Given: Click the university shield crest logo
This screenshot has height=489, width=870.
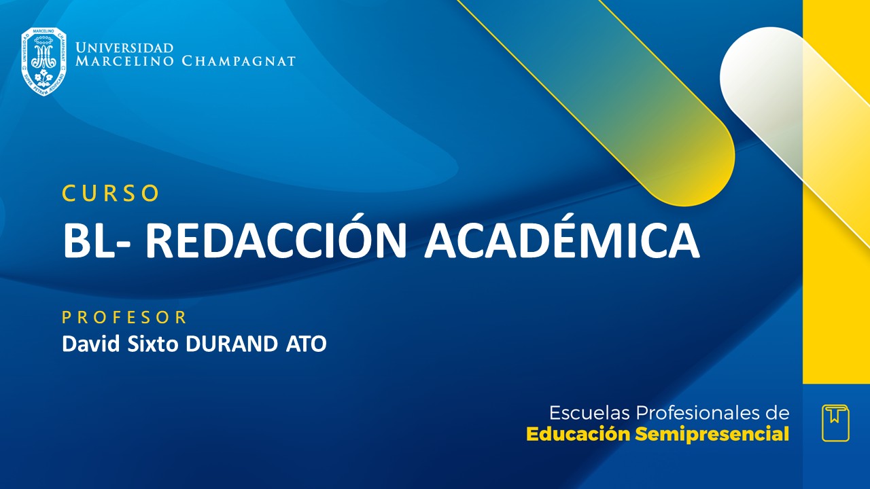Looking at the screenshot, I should click(43, 61).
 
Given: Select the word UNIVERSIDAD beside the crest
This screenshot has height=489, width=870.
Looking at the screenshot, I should click(124, 48).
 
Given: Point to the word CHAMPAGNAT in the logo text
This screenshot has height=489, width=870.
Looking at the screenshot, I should click(239, 62).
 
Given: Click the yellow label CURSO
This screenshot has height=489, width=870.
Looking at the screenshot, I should click(111, 194).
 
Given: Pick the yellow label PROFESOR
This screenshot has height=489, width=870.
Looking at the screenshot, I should click(124, 317).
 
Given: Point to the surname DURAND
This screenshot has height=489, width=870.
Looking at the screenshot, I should click(229, 344).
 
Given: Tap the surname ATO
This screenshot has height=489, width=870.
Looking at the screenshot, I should click(303, 344).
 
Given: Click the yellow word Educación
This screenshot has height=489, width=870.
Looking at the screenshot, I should click(578, 434).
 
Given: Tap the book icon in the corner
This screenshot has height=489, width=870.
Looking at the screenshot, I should click(835, 423).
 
